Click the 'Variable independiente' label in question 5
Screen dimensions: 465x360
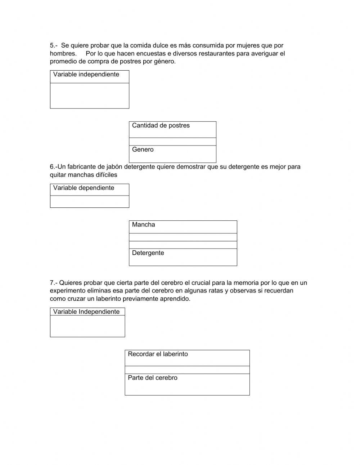click(86, 75)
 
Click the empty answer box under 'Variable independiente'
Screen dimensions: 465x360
click(89, 95)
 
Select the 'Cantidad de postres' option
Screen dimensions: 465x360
click(161, 126)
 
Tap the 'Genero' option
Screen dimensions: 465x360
click(143, 149)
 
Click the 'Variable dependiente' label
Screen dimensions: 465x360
click(84, 188)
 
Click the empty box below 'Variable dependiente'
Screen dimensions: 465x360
click(89, 202)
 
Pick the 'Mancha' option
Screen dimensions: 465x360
click(144, 225)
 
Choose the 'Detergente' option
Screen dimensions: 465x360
click(148, 253)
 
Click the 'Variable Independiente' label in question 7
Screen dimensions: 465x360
click(86, 312)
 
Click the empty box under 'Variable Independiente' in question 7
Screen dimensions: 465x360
click(87, 326)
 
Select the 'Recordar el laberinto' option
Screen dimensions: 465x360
click(158, 354)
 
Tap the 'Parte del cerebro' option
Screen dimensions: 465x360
click(153, 378)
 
